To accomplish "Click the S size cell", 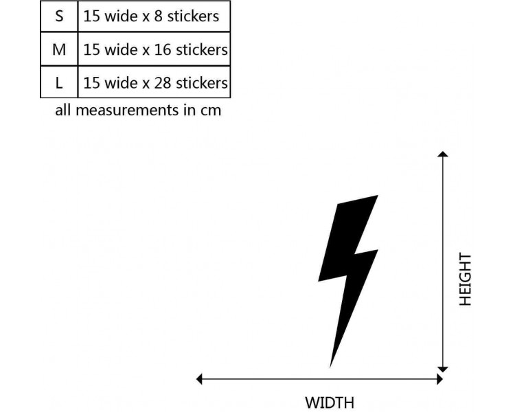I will point(59,16).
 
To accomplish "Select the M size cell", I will point(59,49).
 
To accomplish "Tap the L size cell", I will point(59,83).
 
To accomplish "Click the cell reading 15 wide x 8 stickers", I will point(154,16).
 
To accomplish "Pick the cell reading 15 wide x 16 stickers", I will point(154,49).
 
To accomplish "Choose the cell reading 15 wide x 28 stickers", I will point(154,83).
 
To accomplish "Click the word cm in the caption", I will point(210,110).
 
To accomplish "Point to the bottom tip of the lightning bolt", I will point(331,365).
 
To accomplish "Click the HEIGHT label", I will point(466,279).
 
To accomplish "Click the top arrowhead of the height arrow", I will point(443,154).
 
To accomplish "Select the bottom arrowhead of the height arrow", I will point(443,368).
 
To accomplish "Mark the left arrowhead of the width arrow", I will point(201,378).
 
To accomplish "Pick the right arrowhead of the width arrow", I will point(439,378).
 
